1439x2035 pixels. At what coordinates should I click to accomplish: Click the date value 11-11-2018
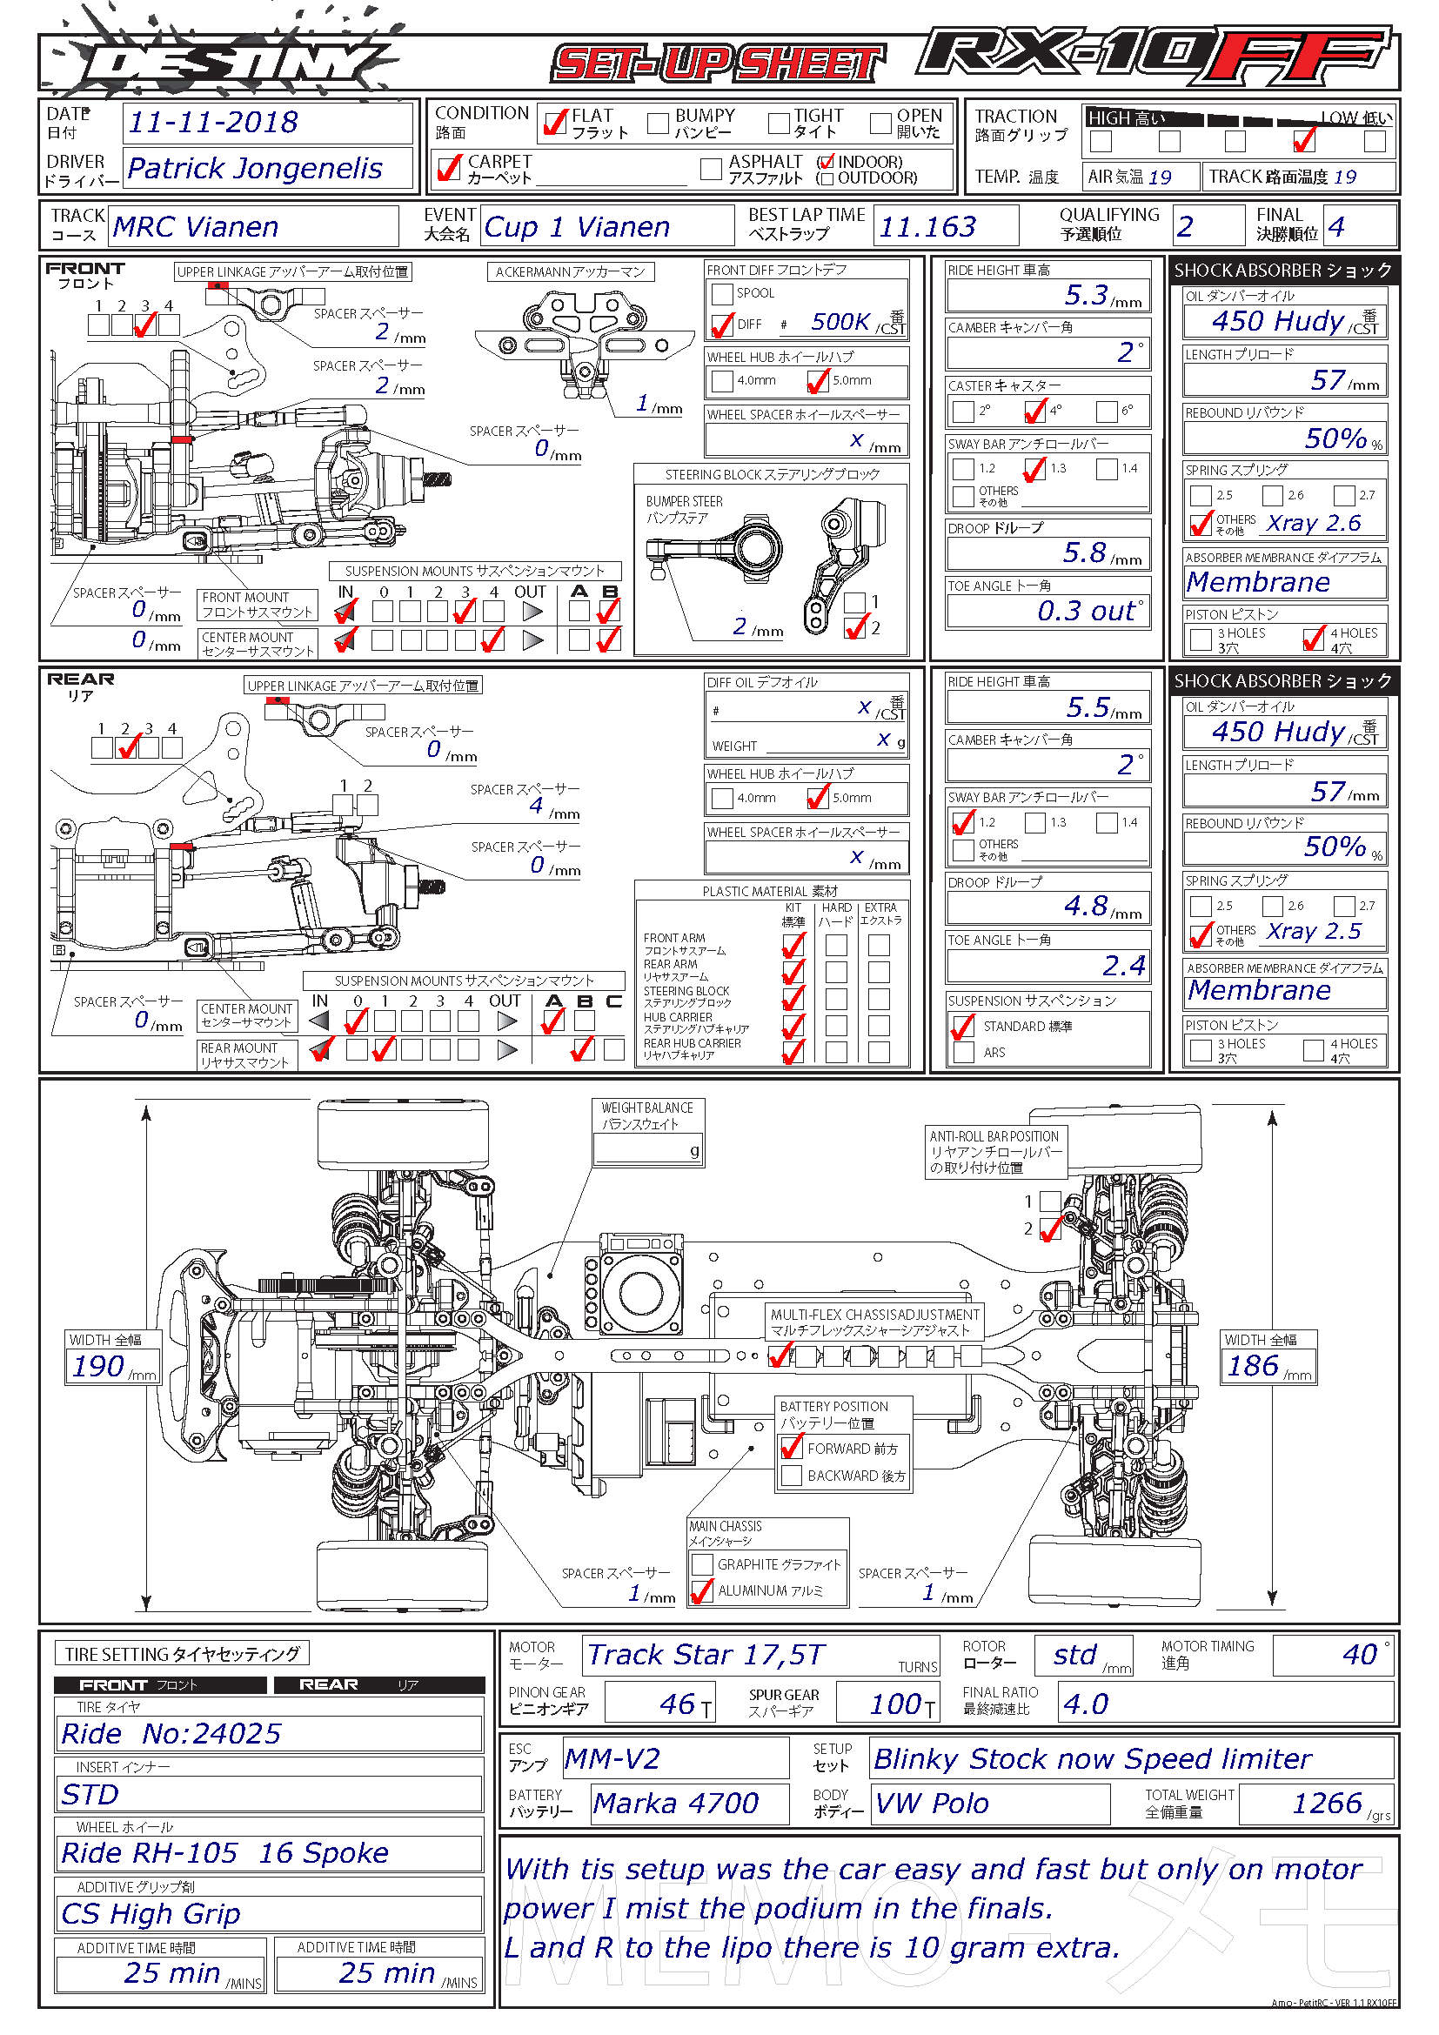tap(212, 123)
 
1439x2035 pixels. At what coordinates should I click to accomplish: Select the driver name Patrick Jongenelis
tap(254, 168)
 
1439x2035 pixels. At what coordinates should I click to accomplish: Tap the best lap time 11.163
tap(927, 227)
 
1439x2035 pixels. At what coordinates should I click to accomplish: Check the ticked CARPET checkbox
tap(449, 167)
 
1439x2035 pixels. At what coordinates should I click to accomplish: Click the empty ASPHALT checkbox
tap(711, 169)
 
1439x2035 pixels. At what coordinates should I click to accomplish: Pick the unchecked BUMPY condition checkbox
tap(658, 124)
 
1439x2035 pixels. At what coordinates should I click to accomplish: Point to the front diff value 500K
tap(840, 322)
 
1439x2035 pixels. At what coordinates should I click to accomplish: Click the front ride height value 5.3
tap(1087, 294)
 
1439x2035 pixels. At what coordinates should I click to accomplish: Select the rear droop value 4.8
tap(1087, 905)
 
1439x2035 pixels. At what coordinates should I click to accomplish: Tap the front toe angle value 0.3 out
tap(1087, 611)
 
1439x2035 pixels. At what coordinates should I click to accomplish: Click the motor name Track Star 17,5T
tap(706, 1654)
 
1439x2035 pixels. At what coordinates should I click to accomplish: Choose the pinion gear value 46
tap(677, 1703)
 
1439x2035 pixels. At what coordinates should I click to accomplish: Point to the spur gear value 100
tap(896, 1703)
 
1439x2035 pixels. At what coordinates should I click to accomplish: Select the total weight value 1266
tap(1327, 1803)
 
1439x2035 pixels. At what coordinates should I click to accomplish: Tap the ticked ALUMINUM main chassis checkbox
tap(702, 1591)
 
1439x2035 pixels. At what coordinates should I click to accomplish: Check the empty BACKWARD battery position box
tap(791, 1475)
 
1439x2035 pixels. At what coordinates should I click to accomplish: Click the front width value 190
tap(97, 1366)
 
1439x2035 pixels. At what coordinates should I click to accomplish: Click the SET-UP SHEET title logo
tap(718, 64)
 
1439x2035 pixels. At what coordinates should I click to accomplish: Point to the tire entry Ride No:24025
tap(171, 1733)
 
